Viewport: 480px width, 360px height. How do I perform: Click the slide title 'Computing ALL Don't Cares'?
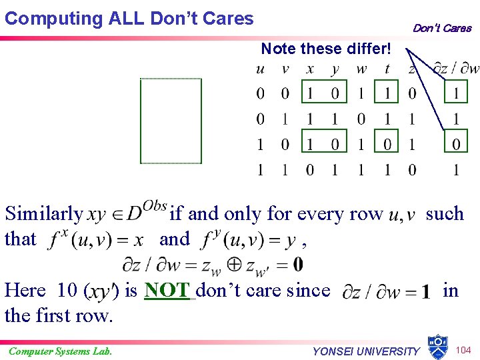tap(129, 18)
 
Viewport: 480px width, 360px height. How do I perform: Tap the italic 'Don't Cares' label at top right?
tap(441, 28)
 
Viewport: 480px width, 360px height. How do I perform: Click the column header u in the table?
tap(260, 69)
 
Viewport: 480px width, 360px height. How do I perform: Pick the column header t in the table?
tap(387, 69)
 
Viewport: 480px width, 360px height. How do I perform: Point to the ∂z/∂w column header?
tap(455, 69)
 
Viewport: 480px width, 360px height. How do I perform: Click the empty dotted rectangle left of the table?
tap(171, 121)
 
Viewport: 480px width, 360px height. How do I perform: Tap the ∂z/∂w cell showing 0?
tap(456, 145)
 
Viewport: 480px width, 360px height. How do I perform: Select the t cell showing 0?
tap(387, 145)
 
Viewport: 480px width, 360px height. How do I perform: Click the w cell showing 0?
tap(361, 119)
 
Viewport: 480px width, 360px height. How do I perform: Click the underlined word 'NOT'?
tap(168, 291)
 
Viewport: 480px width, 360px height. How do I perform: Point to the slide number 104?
tap(464, 351)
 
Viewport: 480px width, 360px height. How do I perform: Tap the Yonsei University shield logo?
tap(438, 347)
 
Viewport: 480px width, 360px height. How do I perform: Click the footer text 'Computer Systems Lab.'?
tap(60, 351)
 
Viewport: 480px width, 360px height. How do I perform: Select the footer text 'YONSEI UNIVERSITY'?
tap(366, 351)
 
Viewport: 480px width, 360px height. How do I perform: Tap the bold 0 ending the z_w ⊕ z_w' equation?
tap(298, 265)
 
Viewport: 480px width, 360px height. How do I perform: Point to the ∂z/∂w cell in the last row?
tap(456, 170)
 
